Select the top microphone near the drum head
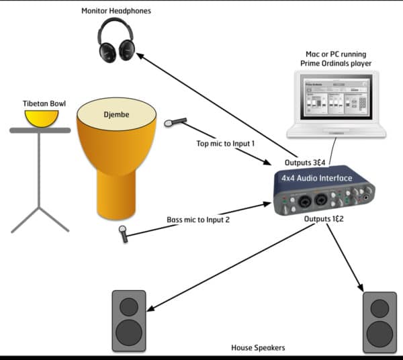(x=175, y=122)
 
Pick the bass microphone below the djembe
(x=124, y=233)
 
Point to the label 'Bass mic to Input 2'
(x=199, y=219)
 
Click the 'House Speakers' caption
(x=258, y=347)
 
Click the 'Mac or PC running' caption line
(x=336, y=53)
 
